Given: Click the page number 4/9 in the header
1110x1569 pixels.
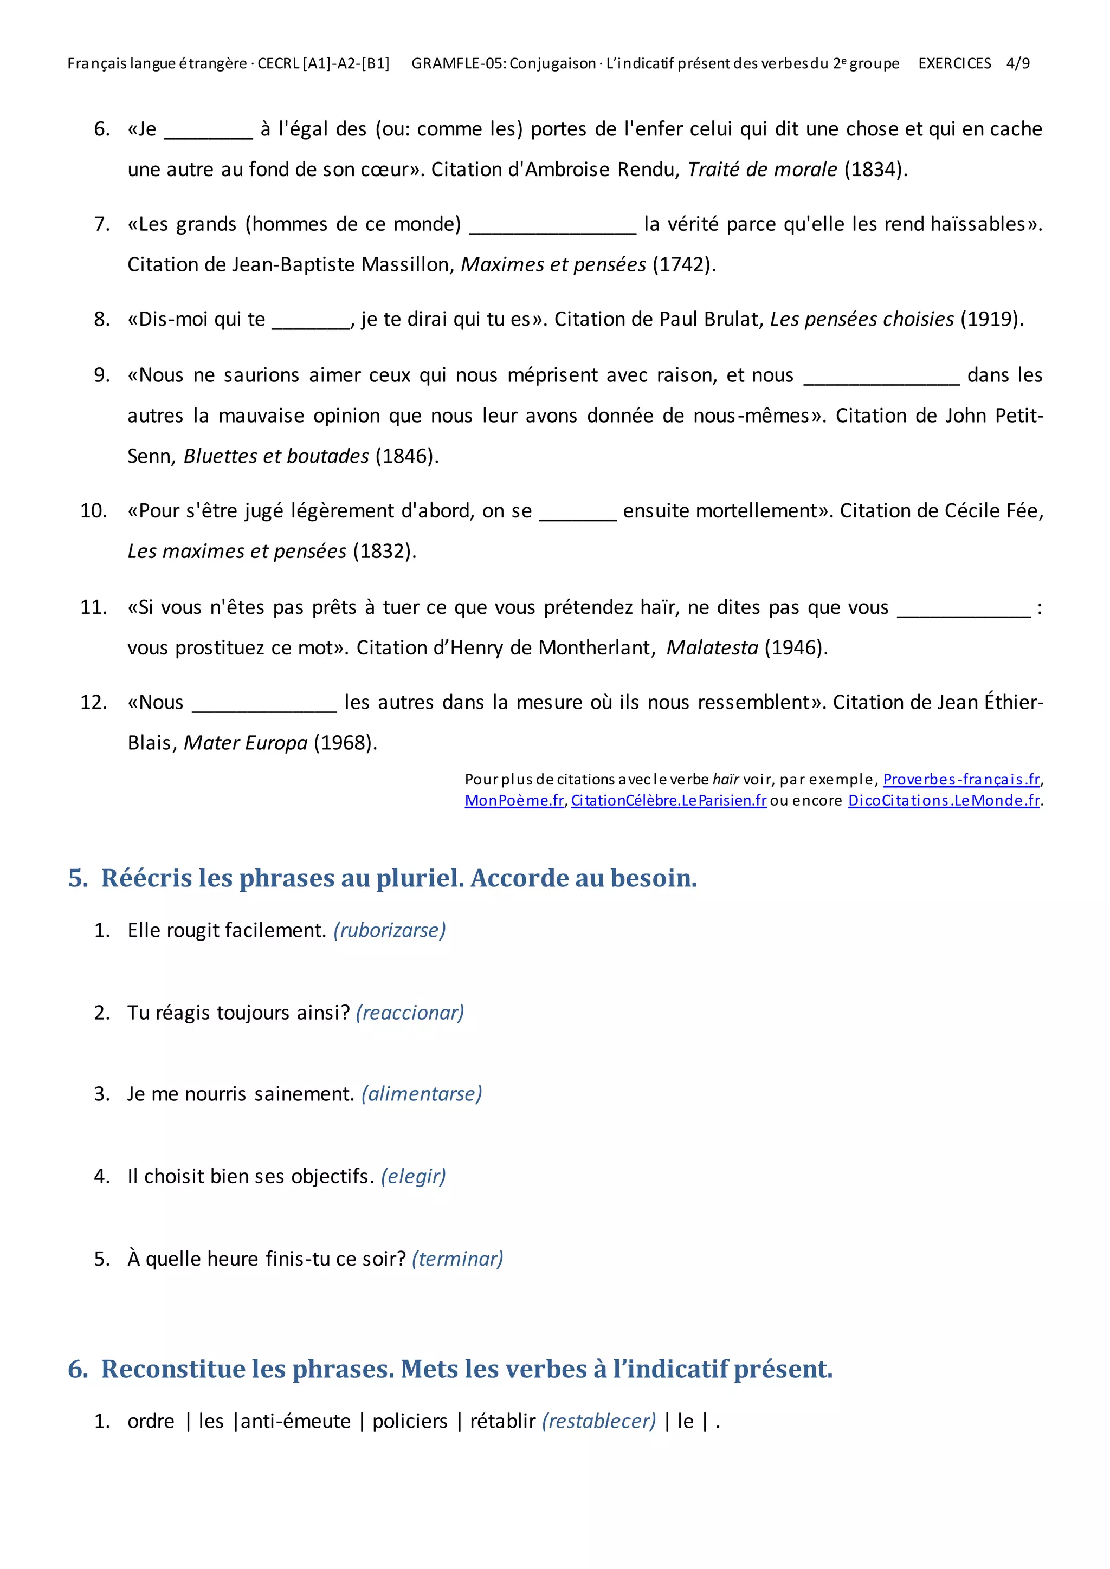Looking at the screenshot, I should click(1018, 63).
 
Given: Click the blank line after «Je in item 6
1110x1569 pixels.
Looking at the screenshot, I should click(209, 133).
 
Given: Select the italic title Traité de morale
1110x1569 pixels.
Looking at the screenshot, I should click(762, 170).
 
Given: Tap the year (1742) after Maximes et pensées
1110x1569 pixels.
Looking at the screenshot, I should click(684, 264).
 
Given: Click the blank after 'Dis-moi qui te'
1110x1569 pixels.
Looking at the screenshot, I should click(311, 324).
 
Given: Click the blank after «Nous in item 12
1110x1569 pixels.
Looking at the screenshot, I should click(264, 707).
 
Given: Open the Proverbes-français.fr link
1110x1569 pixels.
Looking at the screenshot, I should click(961, 779).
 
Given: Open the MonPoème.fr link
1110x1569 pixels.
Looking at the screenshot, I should click(514, 800).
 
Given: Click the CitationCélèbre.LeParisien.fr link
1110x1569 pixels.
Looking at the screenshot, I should click(668, 800).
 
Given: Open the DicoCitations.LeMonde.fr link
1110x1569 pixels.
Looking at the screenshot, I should click(944, 800).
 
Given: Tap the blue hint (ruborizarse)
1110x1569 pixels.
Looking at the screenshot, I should click(390, 930).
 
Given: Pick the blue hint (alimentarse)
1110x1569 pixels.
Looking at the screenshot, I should click(422, 1093).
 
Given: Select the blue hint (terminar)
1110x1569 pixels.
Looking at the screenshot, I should click(457, 1258).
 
